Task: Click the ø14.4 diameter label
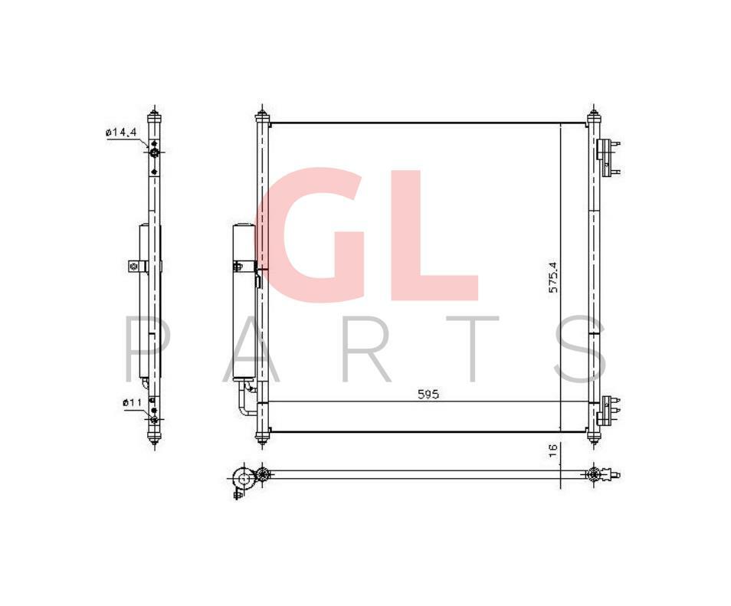121,133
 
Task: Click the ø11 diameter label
131,401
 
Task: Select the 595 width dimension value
428,395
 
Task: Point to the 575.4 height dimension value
553,277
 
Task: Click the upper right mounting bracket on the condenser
608,156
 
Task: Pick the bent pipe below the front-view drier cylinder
245,403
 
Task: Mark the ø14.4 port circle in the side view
154,155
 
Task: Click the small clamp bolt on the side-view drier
133,267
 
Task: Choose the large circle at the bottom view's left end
244,479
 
